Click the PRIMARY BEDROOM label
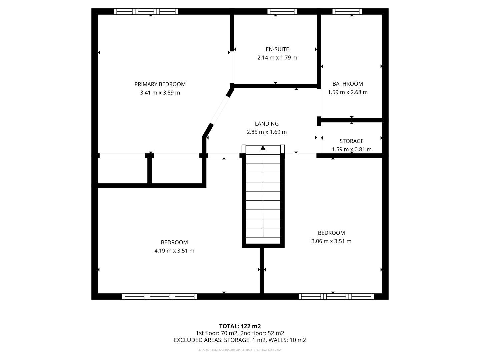[160, 84]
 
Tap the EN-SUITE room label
[277, 49]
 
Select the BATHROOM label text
[347, 84]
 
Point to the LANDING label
[267, 124]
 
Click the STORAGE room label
[351, 141]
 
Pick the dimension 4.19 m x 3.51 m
[174, 251]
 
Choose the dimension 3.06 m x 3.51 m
[331, 241]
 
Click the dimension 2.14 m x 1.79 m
[277, 58]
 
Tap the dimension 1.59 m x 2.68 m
[347, 92]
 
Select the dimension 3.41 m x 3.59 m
[160, 93]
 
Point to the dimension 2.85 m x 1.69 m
[267, 132]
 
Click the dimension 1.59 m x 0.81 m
[351, 150]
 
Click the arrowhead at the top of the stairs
[263, 148]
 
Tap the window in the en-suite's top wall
[282, 11]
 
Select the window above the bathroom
[347, 11]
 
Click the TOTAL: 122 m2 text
[240, 326]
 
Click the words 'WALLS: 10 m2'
[287, 340]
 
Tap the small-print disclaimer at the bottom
[240, 350]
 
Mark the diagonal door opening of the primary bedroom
[219, 110]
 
